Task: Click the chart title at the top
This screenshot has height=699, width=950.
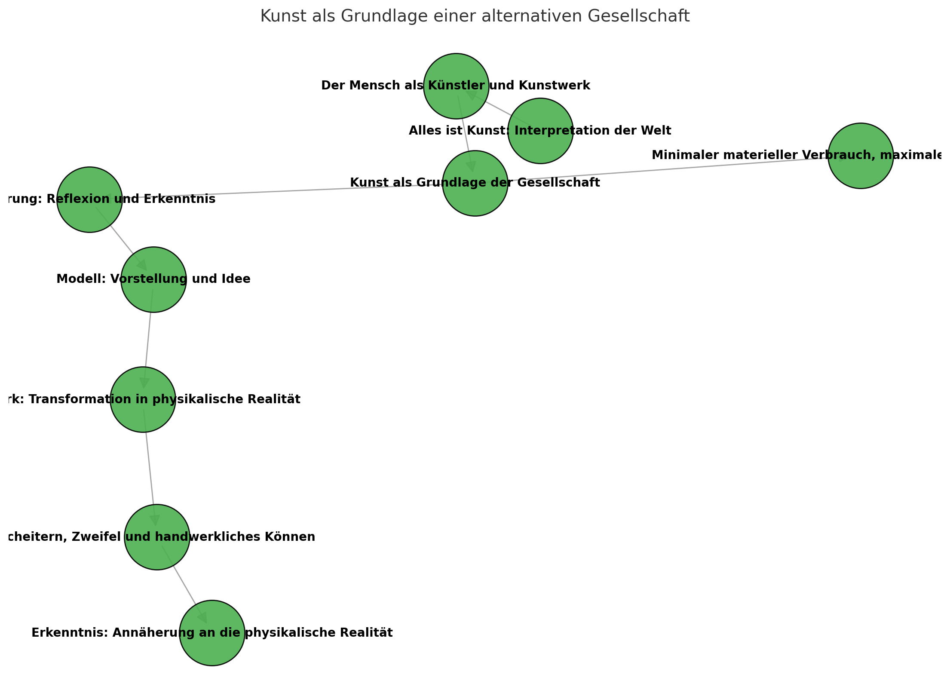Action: coord(475,16)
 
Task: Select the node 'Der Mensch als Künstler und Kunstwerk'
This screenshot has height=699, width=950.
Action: coord(456,69)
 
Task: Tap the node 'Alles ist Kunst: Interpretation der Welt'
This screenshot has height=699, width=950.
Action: coord(540,146)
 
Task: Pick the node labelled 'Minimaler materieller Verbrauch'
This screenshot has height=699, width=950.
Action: coord(860,172)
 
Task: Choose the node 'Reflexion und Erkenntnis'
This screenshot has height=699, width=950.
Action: coord(89,215)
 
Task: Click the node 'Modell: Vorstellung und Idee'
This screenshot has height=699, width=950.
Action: coord(153,297)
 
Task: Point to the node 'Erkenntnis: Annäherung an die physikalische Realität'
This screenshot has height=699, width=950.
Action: coord(212,649)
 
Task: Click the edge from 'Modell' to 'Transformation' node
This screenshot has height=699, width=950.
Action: coord(148,335)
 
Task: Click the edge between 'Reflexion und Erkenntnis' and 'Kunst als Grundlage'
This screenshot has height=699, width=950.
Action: coord(279,191)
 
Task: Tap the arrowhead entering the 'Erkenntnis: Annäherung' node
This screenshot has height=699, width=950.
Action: coord(202,617)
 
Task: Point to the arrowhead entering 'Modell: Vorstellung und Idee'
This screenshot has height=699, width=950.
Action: coord(142,264)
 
